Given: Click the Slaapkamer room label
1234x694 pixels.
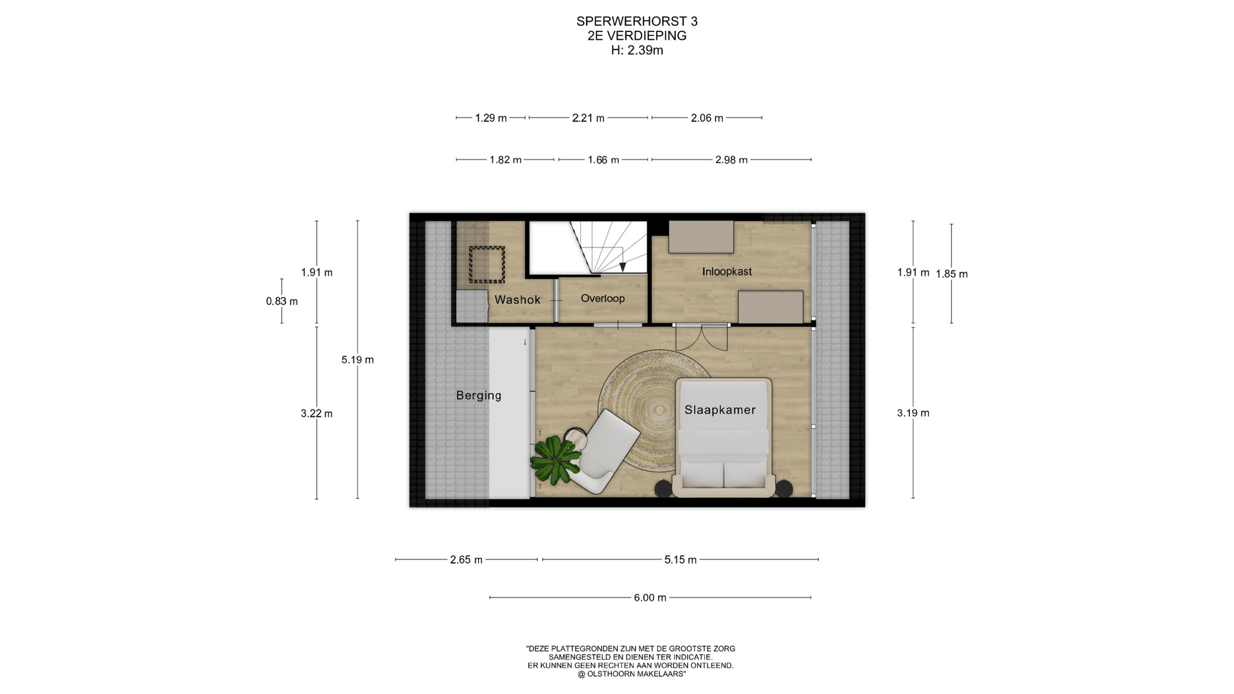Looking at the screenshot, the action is [720, 410].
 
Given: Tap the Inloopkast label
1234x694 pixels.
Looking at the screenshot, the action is [727, 272].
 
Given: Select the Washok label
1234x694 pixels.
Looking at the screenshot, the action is [517, 299].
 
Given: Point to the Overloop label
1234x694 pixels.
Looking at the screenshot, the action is [603, 298].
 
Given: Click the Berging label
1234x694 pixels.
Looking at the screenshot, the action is [479, 395].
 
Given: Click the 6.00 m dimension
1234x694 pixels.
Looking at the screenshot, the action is [650, 598].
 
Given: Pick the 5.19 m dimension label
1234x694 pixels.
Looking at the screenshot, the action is [357, 360].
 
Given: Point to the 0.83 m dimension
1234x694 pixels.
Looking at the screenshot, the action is [282, 301].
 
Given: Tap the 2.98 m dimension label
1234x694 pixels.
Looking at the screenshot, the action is [731, 160].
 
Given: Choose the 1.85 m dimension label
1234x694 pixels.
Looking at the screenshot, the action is [952, 274].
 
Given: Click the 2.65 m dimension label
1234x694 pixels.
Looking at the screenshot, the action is [466, 560].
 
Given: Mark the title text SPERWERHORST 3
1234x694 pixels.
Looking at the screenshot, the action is [637, 21].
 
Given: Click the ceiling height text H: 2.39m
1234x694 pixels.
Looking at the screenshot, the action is [637, 50].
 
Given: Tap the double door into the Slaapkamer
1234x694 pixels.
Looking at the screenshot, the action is [702, 335].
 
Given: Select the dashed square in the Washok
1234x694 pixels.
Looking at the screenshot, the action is [486, 265].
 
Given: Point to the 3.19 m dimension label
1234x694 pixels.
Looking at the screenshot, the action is [913, 413].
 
